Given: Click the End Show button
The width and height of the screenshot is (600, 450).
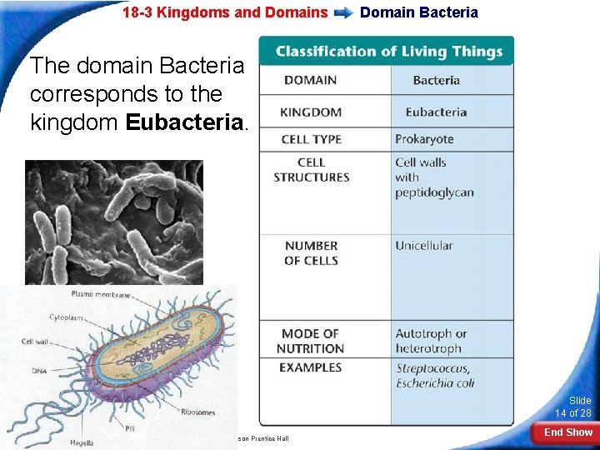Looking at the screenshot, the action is click(568, 432).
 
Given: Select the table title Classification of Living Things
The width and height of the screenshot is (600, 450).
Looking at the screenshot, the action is click(389, 52).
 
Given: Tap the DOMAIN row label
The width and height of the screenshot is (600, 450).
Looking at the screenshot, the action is click(311, 80).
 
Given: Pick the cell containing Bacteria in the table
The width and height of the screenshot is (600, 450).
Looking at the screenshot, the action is click(436, 81).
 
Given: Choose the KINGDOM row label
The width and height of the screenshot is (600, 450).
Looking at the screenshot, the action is click(311, 112).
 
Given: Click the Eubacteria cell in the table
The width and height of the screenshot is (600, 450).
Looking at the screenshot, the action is click(436, 112).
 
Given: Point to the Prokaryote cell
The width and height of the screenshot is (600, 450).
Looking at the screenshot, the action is click(424, 139).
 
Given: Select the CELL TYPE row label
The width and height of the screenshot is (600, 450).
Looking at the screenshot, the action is click(311, 139).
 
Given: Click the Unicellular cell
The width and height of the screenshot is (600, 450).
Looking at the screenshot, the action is click(424, 246).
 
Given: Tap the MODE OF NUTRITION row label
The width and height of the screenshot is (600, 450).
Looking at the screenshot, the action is click(311, 342).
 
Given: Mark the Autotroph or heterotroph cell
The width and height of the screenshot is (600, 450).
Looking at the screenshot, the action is click(431, 342).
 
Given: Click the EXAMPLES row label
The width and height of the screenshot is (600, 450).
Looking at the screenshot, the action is click(311, 367).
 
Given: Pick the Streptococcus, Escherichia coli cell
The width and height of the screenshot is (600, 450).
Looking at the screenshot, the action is click(434, 376).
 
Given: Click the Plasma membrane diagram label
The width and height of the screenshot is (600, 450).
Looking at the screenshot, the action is click(100, 293).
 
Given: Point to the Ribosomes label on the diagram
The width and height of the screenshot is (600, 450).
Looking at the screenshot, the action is click(198, 412).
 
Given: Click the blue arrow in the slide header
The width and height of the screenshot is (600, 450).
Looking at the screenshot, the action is click(343, 12).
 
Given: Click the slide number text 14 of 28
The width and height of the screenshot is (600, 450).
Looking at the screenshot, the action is click(573, 413).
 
